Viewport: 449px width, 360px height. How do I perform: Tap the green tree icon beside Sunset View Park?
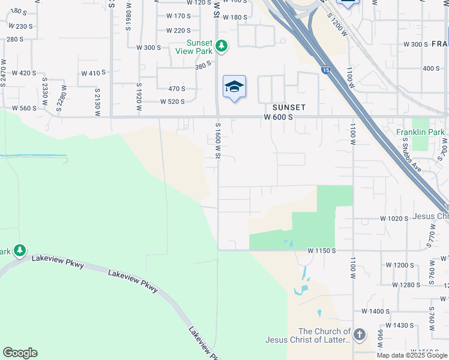click(x=221, y=45)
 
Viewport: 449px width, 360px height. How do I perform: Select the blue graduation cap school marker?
click(x=234, y=87)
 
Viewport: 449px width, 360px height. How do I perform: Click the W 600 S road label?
click(x=278, y=117)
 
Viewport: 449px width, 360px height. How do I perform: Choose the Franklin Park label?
click(x=420, y=132)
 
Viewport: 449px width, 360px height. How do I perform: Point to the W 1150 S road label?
click(x=322, y=250)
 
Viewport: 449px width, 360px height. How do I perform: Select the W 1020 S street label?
click(x=395, y=218)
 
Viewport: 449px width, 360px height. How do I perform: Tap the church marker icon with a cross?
click(x=359, y=335)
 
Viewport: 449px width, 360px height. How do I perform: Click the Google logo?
click(x=20, y=353)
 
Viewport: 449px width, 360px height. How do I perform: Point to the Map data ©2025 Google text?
click(x=412, y=355)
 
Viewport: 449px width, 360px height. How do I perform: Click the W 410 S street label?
click(x=93, y=73)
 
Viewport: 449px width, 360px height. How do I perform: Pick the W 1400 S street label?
click(x=376, y=311)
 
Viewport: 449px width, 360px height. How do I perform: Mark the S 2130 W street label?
click(x=97, y=99)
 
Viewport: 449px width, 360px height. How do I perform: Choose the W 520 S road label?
click(x=172, y=101)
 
